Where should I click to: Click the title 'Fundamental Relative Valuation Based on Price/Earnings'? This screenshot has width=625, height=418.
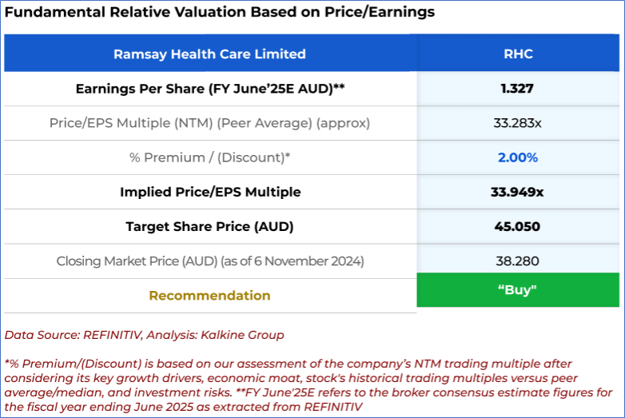pyautogui.click(x=220, y=13)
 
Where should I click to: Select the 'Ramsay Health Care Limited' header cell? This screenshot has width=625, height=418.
pyautogui.click(x=209, y=54)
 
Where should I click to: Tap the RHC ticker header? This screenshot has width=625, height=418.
pyautogui.click(x=518, y=54)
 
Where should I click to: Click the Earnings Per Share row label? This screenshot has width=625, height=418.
pyautogui.click(x=209, y=89)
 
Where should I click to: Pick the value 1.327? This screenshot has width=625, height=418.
pyautogui.click(x=517, y=89)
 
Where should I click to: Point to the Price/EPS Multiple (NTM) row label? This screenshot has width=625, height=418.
pyautogui.click(x=209, y=123)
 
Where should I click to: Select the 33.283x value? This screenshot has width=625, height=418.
pyautogui.click(x=517, y=123)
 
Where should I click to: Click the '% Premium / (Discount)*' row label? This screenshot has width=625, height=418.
pyautogui.click(x=209, y=157)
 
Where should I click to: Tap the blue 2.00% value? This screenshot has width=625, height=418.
pyautogui.click(x=517, y=157)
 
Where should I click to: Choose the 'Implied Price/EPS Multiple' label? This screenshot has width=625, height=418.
pyautogui.click(x=209, y=192)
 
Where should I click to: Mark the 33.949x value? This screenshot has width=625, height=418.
pyautogui.click(x=517, y=192)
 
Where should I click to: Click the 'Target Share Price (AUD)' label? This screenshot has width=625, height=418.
pyautogui.click(x=209, y=226)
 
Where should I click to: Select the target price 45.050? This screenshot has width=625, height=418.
pyautogui.click(x=517, y=226)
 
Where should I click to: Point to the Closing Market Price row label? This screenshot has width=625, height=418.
pyautogui.click(x=209, y=261)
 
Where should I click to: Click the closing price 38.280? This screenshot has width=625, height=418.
pyautogui.click(x=517, y=261)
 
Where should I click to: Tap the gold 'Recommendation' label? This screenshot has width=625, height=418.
pyautogui.click(x=209, y=295)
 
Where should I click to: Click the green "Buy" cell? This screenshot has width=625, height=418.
pyautogui.click(x=518, y=289)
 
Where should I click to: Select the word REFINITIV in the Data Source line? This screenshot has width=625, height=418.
pyautogui.click(x=105, y=335)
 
